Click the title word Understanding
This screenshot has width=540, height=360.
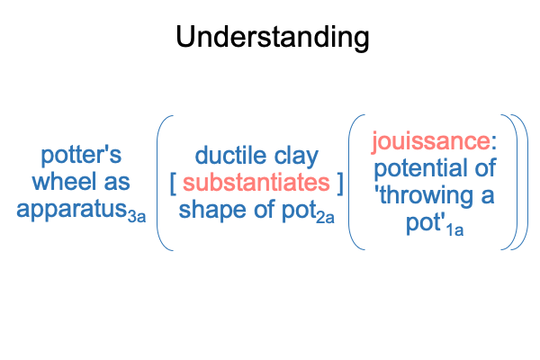273,38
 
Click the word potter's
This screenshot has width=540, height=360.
81,156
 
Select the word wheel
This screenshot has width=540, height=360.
64,181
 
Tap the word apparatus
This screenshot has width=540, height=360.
72,210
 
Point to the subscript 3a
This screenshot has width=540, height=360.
137,217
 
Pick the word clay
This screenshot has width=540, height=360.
296,157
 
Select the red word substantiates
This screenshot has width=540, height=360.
256,183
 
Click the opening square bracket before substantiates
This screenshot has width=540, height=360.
173,184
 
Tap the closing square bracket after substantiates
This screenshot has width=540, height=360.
340,184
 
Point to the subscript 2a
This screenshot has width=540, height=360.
325,218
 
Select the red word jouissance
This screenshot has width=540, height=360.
431,142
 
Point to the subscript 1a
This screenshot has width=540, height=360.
454,230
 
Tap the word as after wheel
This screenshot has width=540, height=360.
117,183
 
